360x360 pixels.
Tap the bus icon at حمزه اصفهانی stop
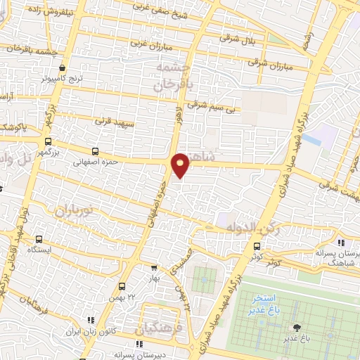(96, 151)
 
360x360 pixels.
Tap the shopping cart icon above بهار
(155, 268)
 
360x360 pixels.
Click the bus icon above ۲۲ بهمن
(122, 286)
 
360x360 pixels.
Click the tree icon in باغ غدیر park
(296, 328)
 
